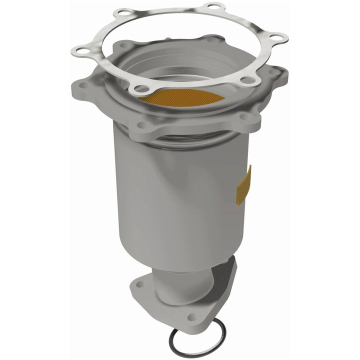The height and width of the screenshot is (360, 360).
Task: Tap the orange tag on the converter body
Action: pyautogui.click(x=244, y=186)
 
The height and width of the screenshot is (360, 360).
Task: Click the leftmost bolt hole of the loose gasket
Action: pyautogui.click(x=80, y=50)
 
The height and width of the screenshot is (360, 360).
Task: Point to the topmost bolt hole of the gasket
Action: pyautogui.click(x=214, y=6)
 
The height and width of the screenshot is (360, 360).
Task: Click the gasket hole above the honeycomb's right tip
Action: pyautogui.click(x=246, y=79)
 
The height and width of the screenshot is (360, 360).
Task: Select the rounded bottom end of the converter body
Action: pyautogui.click(x=170, y=260)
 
